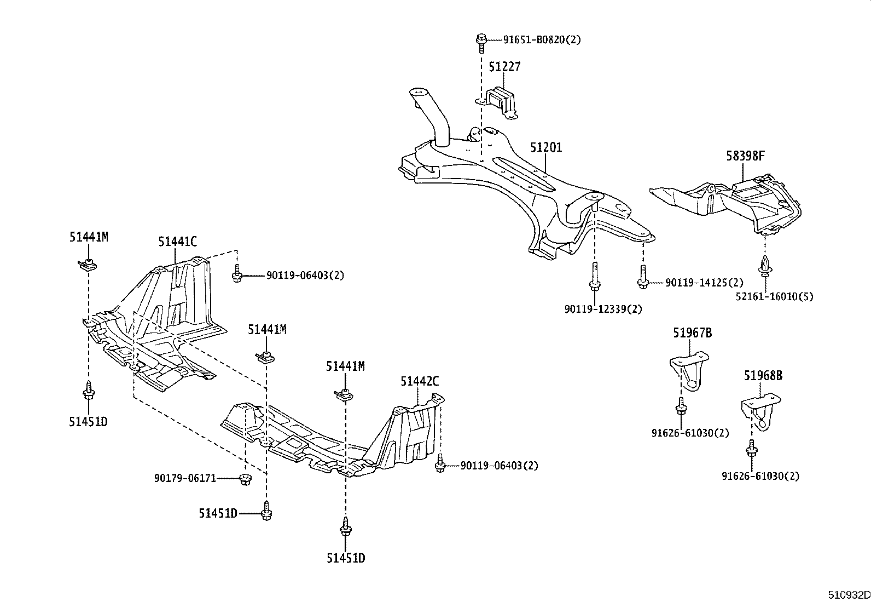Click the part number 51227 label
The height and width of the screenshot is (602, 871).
point(504,67)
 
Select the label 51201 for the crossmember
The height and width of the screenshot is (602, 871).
point(545,148)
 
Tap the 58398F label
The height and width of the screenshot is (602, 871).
point(745,156)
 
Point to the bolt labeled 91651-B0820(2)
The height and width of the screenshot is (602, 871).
point(481,39)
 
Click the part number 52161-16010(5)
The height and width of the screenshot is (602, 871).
point(774,296)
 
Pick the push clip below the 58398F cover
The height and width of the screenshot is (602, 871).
point(764,266)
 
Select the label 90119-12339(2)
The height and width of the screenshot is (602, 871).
point(603,309)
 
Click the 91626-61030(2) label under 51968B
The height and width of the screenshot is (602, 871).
point(760,476)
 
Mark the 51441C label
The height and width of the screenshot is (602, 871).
point(177,242)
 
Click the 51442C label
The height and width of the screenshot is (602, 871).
point(419,382)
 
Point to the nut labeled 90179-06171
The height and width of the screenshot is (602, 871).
point(245,479)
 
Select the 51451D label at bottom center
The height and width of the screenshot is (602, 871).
point(345,558)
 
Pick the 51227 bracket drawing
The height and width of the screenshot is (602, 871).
point(502,103)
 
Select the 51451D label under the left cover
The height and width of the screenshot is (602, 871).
point(88,422)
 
